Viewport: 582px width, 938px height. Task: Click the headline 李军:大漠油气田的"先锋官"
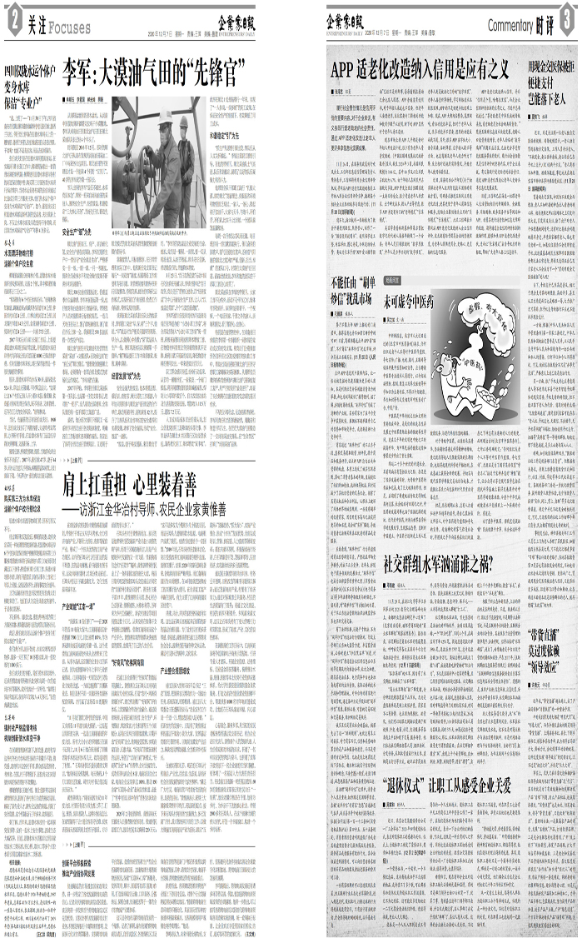click(157, 67)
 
